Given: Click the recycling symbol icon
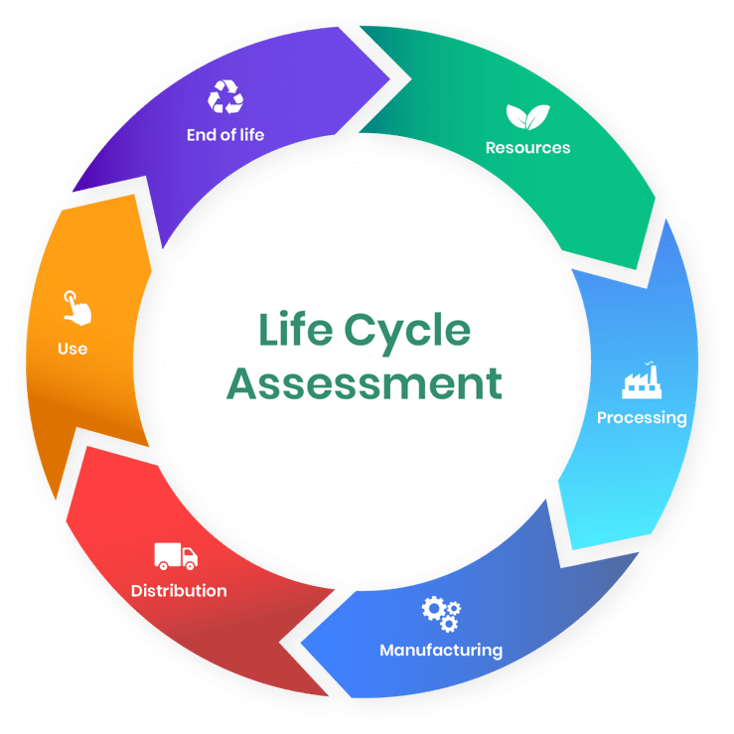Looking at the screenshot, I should (225, 98).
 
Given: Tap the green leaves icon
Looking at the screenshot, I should (526, 117).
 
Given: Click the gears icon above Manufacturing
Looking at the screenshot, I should (441, 614).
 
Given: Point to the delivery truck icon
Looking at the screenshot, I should (176, 556).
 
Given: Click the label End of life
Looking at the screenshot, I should (225, 134).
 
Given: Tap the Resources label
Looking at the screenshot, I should (527, 148).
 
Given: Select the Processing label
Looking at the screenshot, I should (642, 418).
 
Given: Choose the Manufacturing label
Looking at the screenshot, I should (441, 651).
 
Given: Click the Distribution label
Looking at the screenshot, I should (179, 590).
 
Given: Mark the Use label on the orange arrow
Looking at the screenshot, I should (73, 349).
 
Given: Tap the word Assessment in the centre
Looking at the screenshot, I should (365, 383).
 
